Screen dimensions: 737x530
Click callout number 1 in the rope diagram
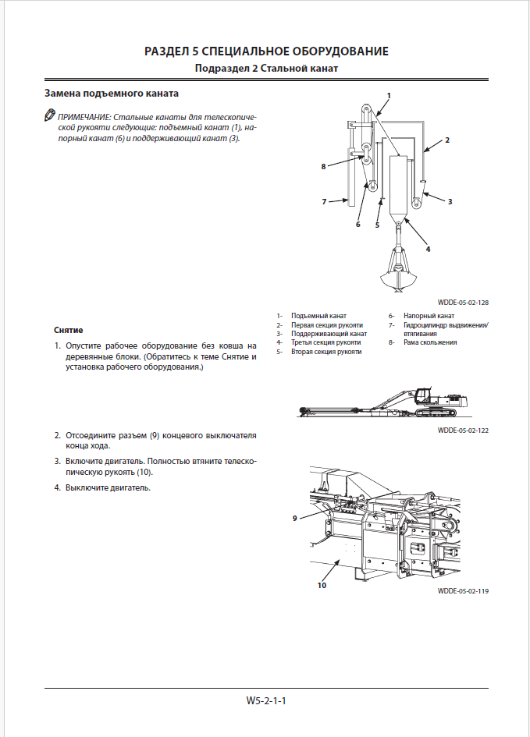(389, 94)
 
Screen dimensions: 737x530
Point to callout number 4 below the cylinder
(428, 250)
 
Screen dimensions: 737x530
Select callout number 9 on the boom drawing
(295, 518)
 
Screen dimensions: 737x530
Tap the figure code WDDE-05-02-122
(463, 430)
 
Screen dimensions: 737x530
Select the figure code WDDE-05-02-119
(463, 591)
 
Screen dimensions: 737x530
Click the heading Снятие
(69, 331)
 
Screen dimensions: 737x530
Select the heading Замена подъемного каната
(112, 94)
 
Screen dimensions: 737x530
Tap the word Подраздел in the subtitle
(222, 69)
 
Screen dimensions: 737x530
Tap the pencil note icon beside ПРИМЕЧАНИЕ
(49, 116)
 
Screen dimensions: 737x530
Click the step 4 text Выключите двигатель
(108, 488)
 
